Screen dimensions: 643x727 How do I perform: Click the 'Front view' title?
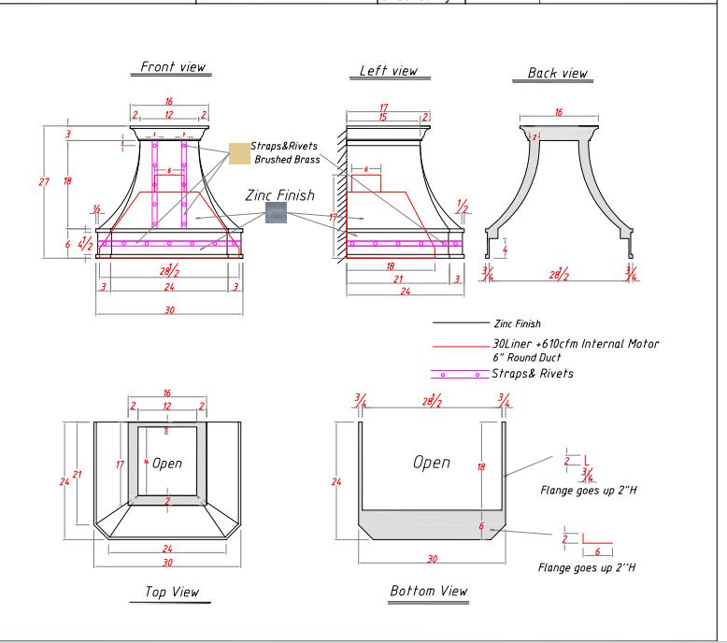tap(173, 67)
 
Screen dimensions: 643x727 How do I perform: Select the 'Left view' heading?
tap(388, 71)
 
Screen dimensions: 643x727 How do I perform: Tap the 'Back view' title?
tap(559, 73)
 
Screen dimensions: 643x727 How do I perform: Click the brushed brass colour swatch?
tap(240, 153)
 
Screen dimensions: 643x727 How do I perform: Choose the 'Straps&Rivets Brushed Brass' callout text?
tap(285, 153)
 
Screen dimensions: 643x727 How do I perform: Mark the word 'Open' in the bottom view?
tap(431, 463)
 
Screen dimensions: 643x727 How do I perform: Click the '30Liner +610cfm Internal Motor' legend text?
tap(575, 345)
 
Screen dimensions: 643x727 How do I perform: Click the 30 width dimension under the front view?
tap(169, 309)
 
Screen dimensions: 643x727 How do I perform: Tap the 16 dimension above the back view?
tap(558, 111)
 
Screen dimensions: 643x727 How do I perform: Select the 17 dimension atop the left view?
tap(383, 108)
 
